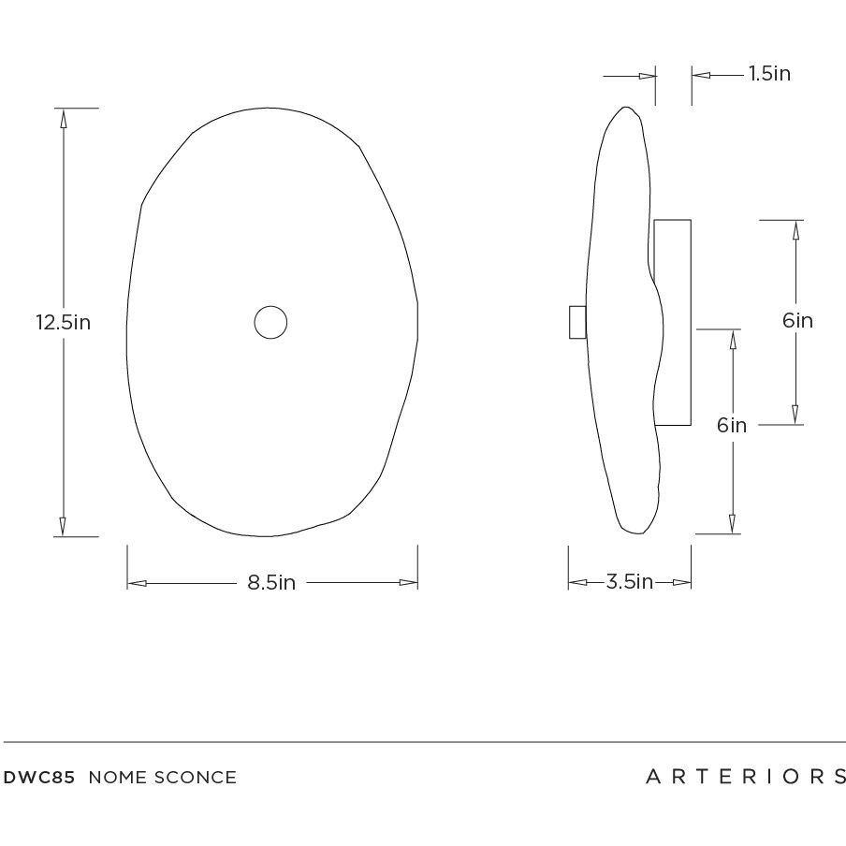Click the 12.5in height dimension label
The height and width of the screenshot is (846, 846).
(63, 323)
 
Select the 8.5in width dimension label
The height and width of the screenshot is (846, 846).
(271, 583)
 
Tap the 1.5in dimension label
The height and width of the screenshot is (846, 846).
(769, 74)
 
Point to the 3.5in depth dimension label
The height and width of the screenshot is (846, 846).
(629, 582)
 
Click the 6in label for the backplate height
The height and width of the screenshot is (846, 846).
(797, 321)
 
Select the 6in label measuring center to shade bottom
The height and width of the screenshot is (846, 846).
(732, 425)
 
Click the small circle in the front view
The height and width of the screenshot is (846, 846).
(270, 323)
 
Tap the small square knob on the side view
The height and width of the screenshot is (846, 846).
(577, 322)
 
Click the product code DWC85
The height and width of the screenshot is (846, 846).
(40, 778)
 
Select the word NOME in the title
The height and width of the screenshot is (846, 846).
(117, 778)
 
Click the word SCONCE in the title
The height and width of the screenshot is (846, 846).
(195, 778)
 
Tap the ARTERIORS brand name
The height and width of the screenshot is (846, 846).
(745, 777)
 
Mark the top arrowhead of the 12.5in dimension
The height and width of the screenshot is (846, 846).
(64, 118)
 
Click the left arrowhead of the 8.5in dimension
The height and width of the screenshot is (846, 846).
(137, 583)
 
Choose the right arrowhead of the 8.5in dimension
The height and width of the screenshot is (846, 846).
(408, 583)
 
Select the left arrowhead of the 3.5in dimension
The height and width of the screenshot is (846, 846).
(576, 582)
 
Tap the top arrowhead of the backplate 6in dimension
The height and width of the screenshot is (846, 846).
(795, 229)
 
